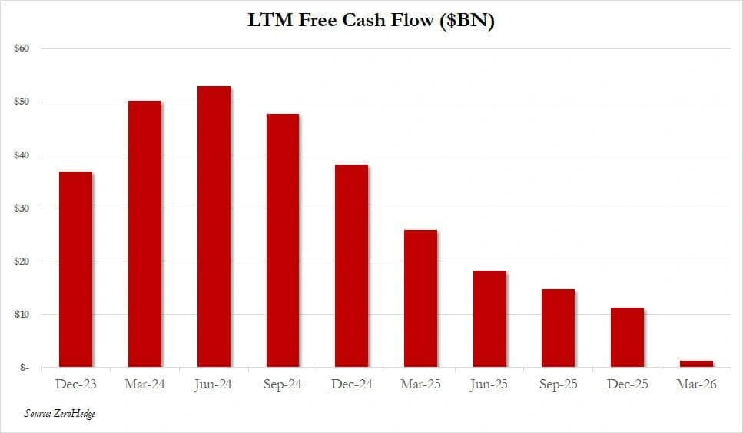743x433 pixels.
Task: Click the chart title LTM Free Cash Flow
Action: (340, 21)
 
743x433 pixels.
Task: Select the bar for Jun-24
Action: (214, 227)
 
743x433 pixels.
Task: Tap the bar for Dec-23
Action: (76, 269)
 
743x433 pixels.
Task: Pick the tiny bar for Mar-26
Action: (697, 364)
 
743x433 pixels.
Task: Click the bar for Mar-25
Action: (421, 298)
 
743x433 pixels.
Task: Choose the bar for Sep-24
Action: (283, 241)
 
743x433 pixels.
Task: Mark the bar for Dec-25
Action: (628, 337)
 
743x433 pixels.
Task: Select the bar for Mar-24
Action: (145, 234)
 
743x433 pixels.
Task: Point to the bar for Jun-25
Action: (489, 319)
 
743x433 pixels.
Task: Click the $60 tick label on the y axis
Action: (22, 48)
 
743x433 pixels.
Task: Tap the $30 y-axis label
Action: (22, 208)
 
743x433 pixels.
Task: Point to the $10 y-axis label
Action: (22, 315)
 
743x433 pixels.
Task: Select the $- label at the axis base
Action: (24, 368)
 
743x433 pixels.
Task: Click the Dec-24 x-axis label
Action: (352, 384)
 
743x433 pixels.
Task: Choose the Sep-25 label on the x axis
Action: (558, 384)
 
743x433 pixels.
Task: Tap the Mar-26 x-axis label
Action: (697, 384)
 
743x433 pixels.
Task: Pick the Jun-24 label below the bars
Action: (214, 385)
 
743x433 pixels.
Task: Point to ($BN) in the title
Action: (467, 21)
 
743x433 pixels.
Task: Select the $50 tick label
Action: (22, 102)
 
